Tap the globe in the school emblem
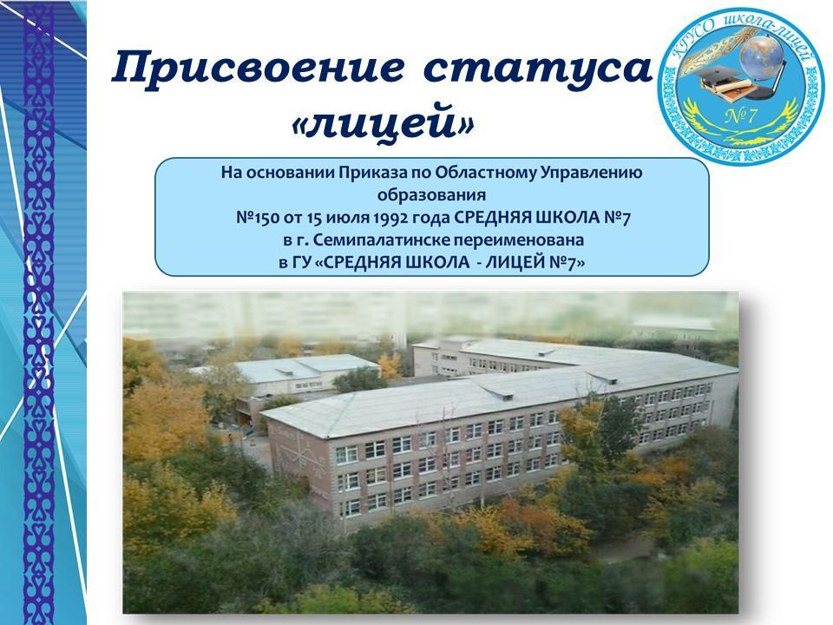763,56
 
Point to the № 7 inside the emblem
740,115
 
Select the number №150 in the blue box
254,218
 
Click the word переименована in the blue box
518,240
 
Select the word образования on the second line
431,195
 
